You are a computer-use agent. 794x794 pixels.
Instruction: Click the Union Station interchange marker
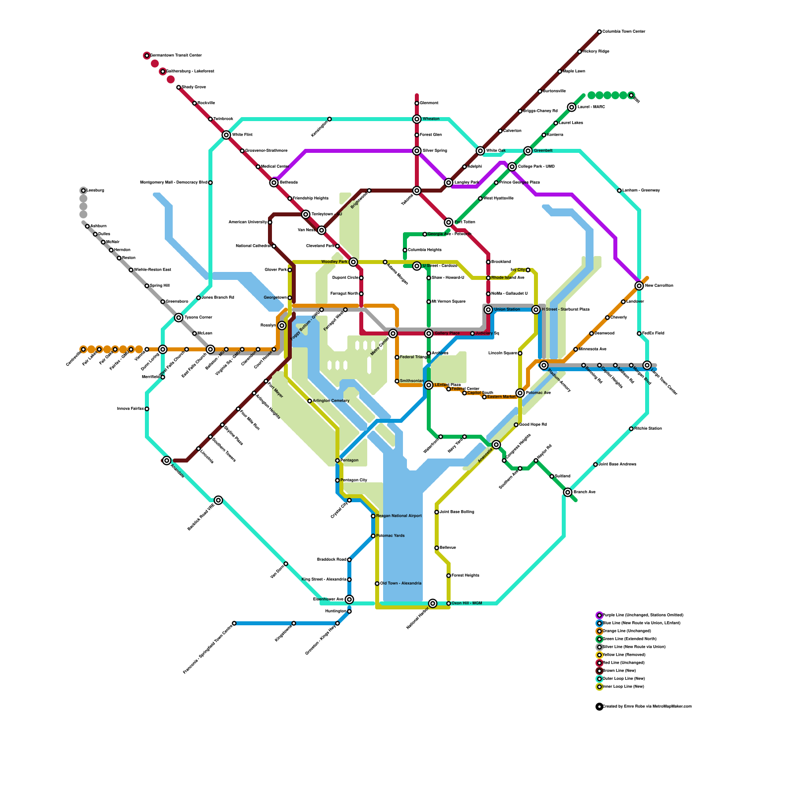tap(488, 310)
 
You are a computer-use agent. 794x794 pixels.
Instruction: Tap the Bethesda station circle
tap(274, 183)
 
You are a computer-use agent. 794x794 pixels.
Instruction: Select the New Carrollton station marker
tap(639, 286)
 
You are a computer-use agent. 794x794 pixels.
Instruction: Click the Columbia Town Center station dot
tap(599, 32)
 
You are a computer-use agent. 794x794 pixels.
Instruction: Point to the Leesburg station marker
tap(83, 191)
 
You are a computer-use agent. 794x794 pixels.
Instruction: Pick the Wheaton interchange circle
tap(417, 119)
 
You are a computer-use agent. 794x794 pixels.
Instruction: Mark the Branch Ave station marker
tap(568, 492)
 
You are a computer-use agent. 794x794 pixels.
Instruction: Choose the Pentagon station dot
tap(337, 461)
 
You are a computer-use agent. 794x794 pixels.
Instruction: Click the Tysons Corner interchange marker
tap(179, 318)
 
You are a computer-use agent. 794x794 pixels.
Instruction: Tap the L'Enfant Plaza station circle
tap(429, 385)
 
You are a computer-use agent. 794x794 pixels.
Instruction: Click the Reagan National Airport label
tap(399, 516)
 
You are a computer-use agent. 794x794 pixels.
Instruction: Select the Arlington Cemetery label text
tap(331, 401)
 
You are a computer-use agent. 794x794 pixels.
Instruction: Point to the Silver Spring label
tap(435, 151)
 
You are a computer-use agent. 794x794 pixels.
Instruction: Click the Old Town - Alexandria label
tap(401, 584)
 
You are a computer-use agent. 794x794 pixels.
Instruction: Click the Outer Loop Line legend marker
tap(599, 679)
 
